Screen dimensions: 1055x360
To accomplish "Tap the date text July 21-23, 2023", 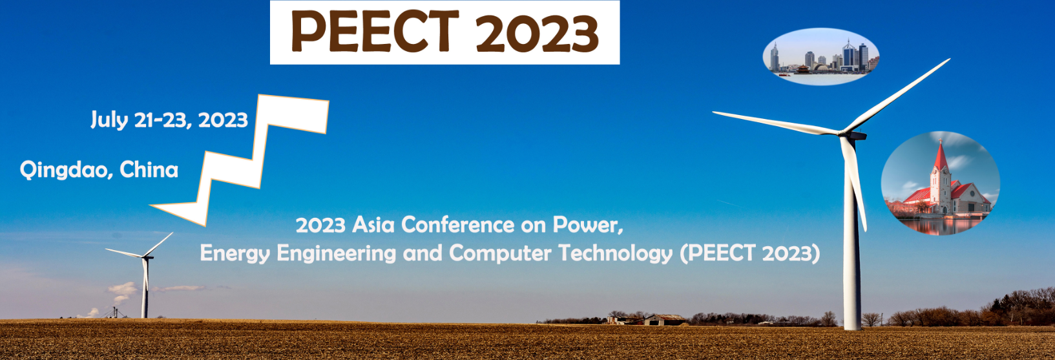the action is pyautogui.click(x=169, y=120).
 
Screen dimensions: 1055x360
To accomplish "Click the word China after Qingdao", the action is pyautogui.click(x=149, y=169).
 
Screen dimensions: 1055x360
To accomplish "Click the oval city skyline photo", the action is pyautogui.click(x=821, y=56).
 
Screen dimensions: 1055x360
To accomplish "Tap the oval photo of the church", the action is pyautogui.click(x=940, y=183).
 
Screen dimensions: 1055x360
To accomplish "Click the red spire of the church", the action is pyautogui.click(x=941, y=156).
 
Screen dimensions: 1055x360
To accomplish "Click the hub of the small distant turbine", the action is pyautogui.click(x=147, y=257).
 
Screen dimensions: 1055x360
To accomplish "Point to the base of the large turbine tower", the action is pyautogui.click(x=852, y=326).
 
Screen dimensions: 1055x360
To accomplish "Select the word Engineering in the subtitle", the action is pyautogui.click(x=337, y=254).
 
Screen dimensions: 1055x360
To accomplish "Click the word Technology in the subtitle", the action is pyautogui.click(x=616, y=254).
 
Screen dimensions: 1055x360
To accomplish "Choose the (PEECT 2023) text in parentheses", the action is pyautogui.click(x=750, y=253).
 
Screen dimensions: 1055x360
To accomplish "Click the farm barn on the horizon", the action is pyautogui.click(x=664, y=320).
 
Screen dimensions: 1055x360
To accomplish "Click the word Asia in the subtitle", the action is pyautogui.click(x=373, y=225).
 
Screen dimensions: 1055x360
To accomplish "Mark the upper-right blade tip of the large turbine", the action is pyautogui.click(x=950, y=59).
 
